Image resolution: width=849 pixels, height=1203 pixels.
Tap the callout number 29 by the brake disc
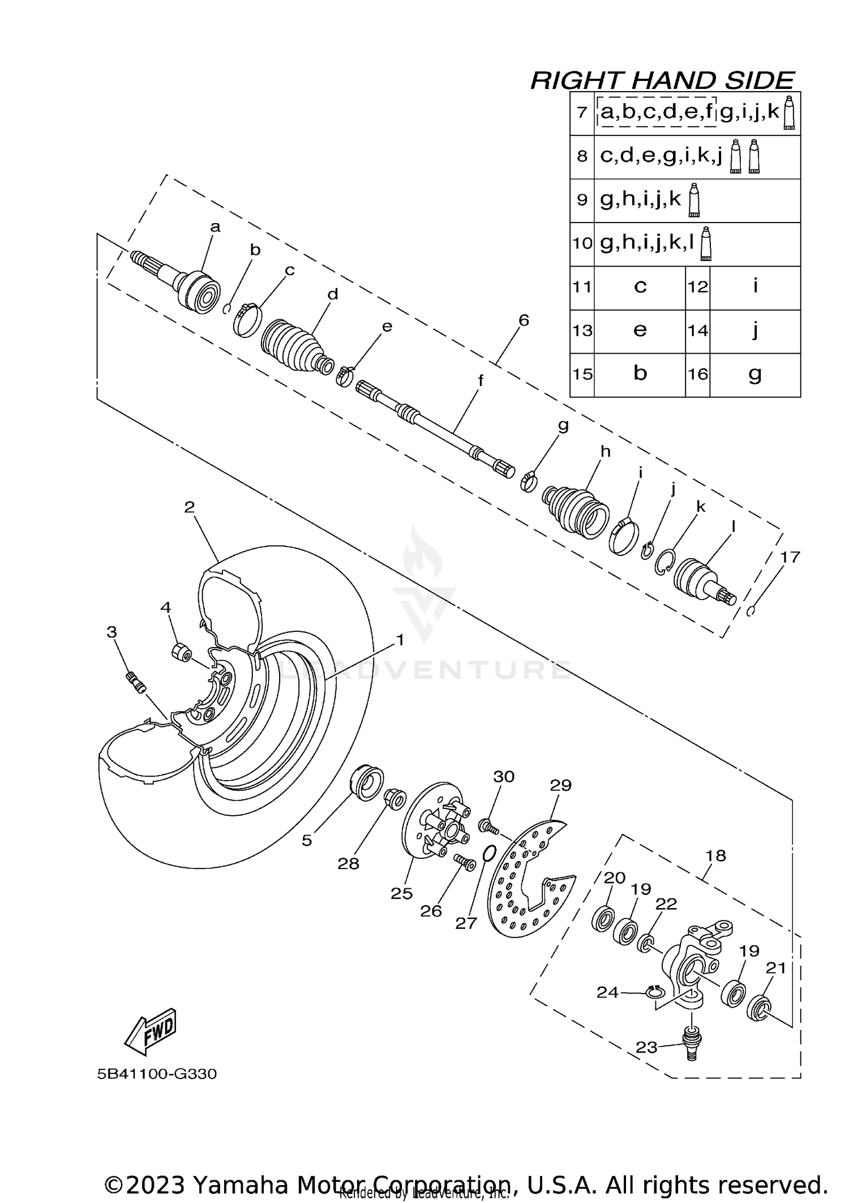[560, 785]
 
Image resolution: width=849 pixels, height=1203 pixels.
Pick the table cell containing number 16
[697, 374]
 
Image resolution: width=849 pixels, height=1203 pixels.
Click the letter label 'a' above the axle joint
[215, 228]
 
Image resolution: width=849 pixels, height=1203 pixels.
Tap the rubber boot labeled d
[294, 347]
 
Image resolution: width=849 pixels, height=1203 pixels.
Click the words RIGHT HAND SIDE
[662, 80]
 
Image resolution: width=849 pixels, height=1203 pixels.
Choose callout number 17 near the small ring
[790, 557]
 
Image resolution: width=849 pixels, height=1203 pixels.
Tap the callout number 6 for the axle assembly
[524, 320]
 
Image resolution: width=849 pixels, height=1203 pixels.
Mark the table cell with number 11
[582, 287]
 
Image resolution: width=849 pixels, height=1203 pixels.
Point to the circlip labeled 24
[655, 992]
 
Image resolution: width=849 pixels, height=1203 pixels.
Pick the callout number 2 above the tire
[190, 507]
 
